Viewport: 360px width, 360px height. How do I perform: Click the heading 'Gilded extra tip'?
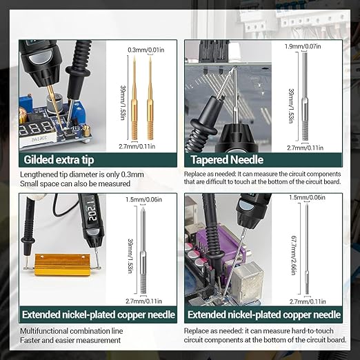(59, 160)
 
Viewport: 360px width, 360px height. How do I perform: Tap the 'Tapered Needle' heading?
(227, 160)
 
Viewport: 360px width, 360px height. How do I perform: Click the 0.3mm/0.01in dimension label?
(146, 50)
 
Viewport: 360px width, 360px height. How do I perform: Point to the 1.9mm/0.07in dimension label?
(303, 46)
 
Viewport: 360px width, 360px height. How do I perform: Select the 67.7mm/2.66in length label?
(294, 255)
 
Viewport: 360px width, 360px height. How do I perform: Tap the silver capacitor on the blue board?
(54, 104)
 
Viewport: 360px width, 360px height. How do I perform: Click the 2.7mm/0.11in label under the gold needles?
(137, 146)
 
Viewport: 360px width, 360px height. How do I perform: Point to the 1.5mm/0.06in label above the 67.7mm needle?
(307, 197)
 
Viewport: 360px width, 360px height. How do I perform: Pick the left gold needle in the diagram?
(134, 99)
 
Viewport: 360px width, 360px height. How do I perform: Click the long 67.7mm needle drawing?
(307, 249)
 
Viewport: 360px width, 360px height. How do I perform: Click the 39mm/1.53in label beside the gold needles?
(123, 103)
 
